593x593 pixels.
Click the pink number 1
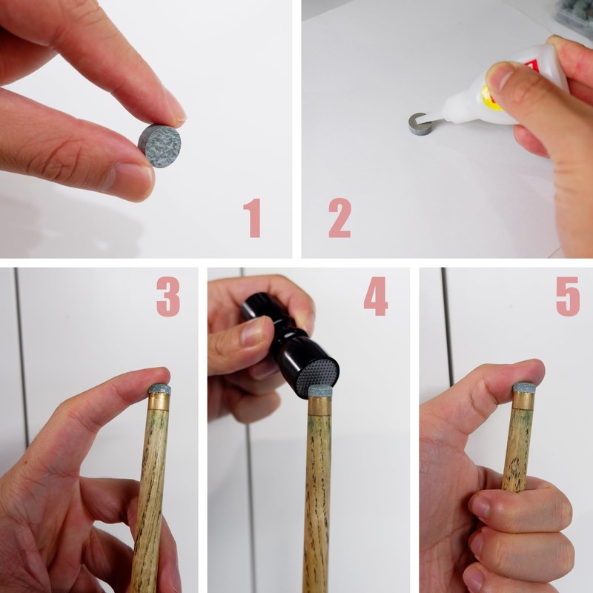[252, 218]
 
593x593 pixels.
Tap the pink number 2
[339, 218]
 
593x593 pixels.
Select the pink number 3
[168, 296]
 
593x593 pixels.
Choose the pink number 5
[568, 296]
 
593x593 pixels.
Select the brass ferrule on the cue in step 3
[159, 402]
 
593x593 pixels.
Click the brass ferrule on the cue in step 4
[319, 406]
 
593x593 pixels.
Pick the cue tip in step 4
[320, 391]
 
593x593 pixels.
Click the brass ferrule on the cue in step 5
[524, 400]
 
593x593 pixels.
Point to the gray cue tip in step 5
[524, 387]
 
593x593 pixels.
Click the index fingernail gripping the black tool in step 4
[254, 333]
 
